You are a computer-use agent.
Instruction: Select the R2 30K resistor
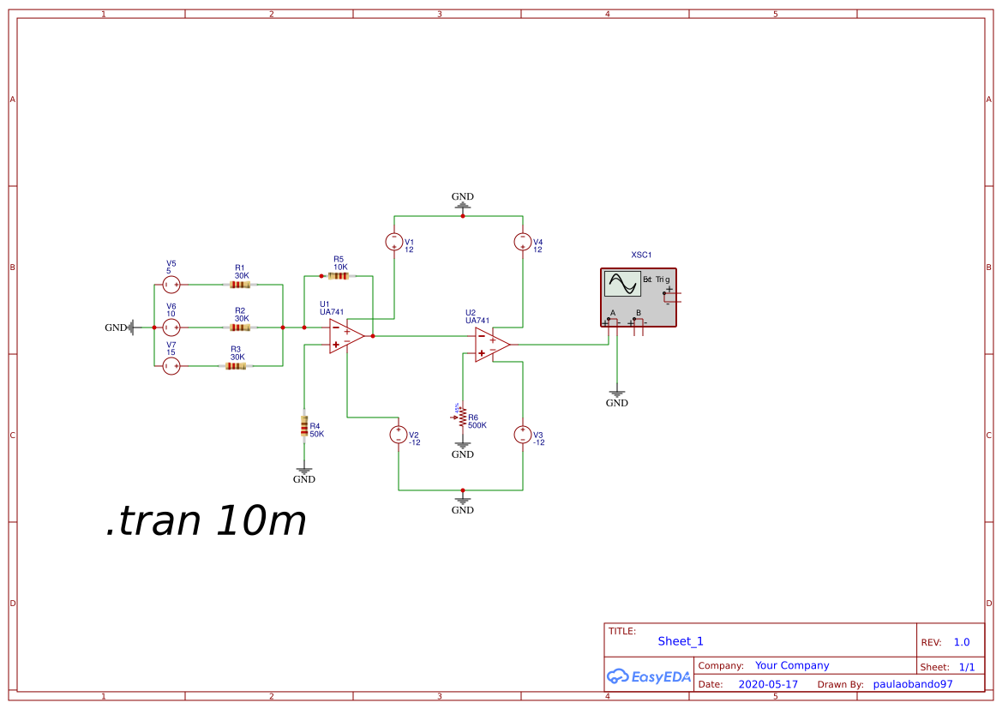(x=240, y=327)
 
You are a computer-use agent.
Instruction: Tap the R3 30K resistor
(x=236, y=366)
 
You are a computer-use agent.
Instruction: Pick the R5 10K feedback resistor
(x=338, y=276)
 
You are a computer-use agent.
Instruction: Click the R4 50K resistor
(x=303, y=425)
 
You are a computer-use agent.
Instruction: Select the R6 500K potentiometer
(x=462, y=418)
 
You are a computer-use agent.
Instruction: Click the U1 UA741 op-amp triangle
(x=345, y=336)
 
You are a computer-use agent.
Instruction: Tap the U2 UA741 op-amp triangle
(x=491, y=344)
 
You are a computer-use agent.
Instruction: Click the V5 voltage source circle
(x=171, y=285)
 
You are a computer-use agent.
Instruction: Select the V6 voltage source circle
(x=171, y=327)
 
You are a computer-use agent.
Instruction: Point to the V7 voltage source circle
(x=171, y=366)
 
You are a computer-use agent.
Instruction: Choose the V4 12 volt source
(x=522, y=242)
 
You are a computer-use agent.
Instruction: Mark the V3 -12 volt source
(x=522, y=435)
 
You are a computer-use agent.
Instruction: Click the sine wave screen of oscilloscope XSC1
(x=622, y=284)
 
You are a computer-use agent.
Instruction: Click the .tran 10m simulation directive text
(x=206, y=520)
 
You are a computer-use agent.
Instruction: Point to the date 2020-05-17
(x=767, y=684)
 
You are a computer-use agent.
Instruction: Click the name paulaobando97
(x=912, y=684)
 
